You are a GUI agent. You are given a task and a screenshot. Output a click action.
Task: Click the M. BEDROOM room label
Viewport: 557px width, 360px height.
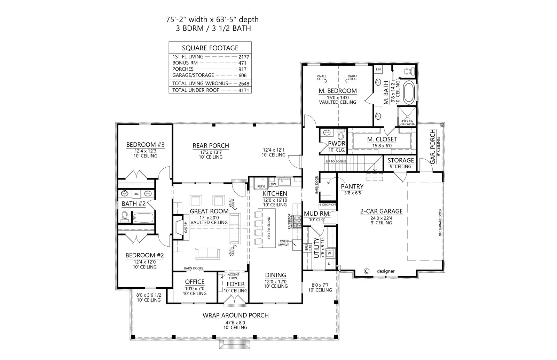pos(337,91)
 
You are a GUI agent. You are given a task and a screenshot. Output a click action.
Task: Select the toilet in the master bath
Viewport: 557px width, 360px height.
pos(408,72)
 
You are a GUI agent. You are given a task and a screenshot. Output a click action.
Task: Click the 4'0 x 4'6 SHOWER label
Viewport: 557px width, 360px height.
pos(408,122)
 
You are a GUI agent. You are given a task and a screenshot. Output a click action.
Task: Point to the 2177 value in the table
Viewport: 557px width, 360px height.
pos(244,56)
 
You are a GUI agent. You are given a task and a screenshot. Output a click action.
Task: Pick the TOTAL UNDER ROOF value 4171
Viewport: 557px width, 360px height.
pos(244,90)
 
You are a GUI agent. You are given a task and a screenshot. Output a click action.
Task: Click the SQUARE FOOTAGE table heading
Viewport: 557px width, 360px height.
pos(210,48)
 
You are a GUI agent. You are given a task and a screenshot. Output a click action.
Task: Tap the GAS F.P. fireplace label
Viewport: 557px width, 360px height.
pos(186,227)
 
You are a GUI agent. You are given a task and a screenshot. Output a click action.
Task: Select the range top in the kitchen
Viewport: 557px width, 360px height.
pos(298,222)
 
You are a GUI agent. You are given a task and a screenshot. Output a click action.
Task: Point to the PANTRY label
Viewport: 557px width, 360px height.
pos(352,186)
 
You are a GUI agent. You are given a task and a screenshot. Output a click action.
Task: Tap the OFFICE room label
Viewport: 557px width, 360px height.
pos(195,282)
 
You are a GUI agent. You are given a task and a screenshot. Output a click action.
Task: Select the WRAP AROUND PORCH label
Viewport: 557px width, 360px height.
pos(235,315)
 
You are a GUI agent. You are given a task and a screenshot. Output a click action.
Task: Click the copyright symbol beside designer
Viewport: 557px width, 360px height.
pos(366,271)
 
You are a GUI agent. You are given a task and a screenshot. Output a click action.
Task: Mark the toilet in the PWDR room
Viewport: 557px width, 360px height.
pos(341,134)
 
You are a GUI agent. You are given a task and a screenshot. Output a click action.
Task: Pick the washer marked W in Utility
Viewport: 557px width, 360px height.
pos(330,254)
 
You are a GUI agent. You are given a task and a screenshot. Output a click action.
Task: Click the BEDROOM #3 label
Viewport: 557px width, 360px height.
pos(145,145)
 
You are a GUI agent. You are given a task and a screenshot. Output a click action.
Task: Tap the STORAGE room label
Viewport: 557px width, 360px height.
pos(400,160)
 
